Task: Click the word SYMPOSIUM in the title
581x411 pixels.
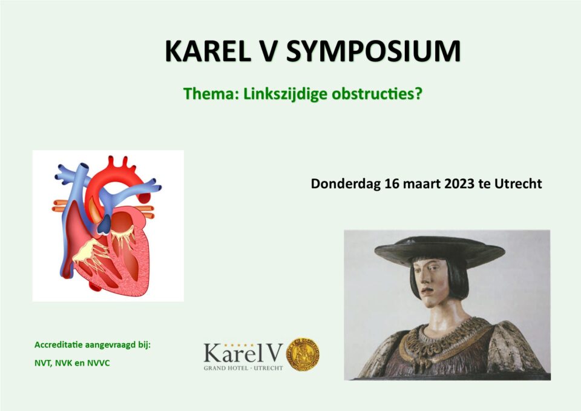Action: point(373,51)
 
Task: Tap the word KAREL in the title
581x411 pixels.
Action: point(208,51)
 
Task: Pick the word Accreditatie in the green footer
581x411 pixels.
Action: point(59,345)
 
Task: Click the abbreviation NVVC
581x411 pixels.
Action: point(99,363)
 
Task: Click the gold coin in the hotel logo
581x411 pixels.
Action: point(303,354)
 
